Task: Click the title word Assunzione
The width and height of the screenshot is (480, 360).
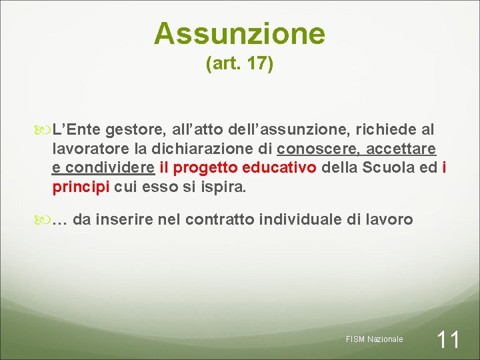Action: tap(239, 33)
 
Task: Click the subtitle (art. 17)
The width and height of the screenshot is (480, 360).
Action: tap(239, 65)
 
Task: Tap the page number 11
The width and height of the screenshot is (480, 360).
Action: tap(447, 340)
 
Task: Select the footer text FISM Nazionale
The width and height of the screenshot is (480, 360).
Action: tap(375, 339)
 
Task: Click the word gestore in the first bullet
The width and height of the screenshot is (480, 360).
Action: tap(131, 129)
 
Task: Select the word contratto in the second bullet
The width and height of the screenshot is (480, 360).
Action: tap(221, 219)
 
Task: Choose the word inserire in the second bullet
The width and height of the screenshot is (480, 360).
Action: tap(125, 219)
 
